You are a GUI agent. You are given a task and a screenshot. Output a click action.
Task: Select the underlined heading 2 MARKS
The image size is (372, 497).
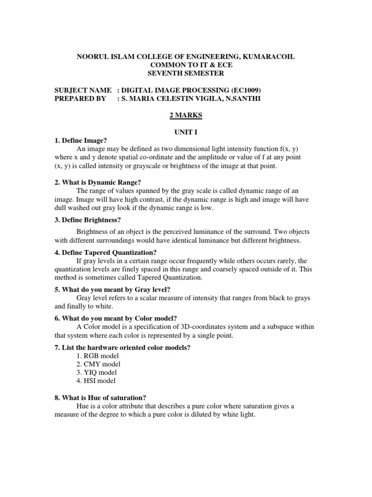pos(186,115)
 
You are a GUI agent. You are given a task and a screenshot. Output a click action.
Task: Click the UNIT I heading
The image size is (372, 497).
pos(186,132)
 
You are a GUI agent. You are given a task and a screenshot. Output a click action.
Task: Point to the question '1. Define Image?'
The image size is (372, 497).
pos(80,140)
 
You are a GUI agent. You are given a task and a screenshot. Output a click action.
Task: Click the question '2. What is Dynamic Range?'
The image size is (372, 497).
pos(97,182)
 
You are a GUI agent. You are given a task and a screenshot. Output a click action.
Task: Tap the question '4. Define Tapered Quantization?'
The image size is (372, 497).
pos(106,252)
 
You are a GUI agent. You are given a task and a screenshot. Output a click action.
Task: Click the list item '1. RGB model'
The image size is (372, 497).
pos(98,356)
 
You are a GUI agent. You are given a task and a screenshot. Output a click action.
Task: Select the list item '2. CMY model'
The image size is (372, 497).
pos(99,364)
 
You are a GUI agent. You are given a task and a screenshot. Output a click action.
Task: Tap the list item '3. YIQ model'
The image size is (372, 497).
pos(98,373)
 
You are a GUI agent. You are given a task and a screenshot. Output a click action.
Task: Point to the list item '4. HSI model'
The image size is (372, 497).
pos(97,381)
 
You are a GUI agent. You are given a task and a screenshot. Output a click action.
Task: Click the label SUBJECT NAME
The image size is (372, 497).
pos(83,90)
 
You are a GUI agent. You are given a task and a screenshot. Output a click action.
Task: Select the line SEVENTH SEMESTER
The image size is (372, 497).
pos(186,73)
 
